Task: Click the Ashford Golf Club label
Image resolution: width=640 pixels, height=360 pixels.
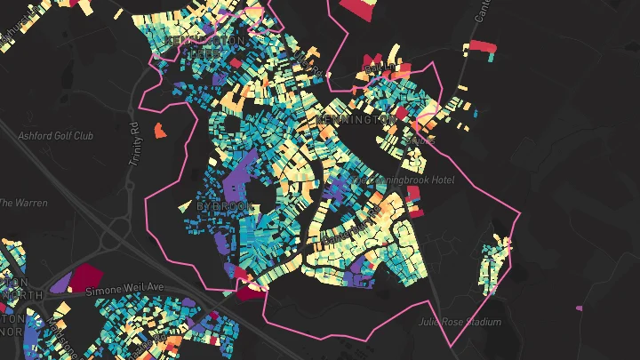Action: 55,136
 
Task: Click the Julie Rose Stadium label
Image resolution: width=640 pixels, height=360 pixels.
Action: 460,322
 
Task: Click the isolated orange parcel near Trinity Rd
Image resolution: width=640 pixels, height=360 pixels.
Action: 160,131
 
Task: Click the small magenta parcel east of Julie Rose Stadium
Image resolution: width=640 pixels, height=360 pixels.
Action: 580,308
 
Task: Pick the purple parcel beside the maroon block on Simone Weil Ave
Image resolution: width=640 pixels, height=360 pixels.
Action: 61,284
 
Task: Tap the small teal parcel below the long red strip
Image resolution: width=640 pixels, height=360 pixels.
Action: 490,57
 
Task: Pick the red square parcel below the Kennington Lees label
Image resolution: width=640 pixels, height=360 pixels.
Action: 236,63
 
